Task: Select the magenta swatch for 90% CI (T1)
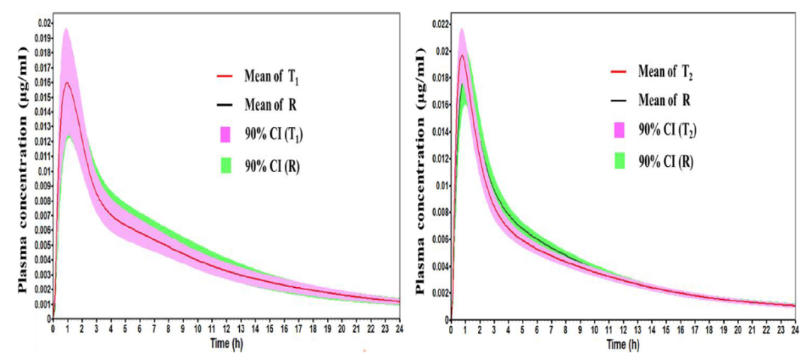click(224, 135)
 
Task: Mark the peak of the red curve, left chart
click(68, 83)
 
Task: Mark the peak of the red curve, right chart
click(462, 55)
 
